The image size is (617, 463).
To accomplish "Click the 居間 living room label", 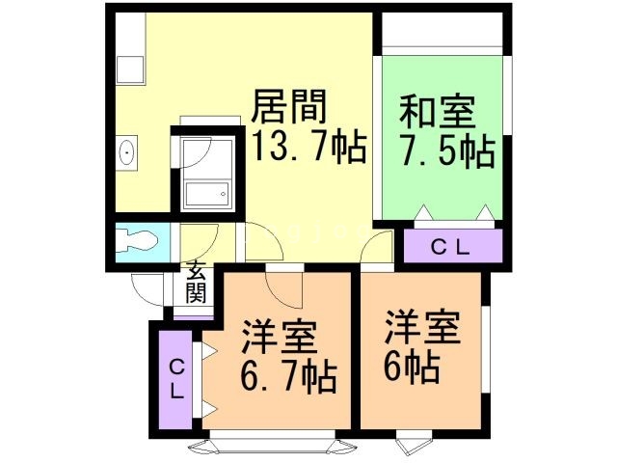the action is pyautogui.click(x=289, y=106).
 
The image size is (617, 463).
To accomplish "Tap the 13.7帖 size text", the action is pyautogui.click(x=309, y=147).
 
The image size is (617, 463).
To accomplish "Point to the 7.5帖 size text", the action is pyautogui.click(x=447, y=151).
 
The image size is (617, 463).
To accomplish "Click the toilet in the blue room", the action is pyautogui.click(x=137, y=240).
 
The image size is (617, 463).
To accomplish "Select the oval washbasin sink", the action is pyautogui.click(x=126, y=152).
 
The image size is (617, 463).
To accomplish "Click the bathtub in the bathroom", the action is pyautogui.click(x=207, y=194).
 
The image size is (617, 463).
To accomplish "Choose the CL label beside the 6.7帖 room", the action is pyautogui.click(x=176, y=380).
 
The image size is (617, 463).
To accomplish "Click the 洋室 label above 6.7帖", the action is pyautogui.click(x=280, y=337).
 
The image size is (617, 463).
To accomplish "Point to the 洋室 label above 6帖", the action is pyautogui.click(x=422, y=327).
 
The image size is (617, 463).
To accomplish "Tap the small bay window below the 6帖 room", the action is pyautogui.click(x=414, y=444).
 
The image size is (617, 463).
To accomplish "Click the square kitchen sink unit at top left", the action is pyautogui.click(x=130, y=69).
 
